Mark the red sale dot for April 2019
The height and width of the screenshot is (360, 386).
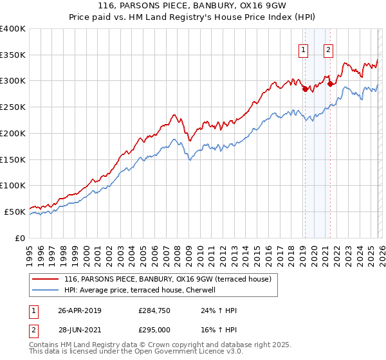305,89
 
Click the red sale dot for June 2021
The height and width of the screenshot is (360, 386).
330,84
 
